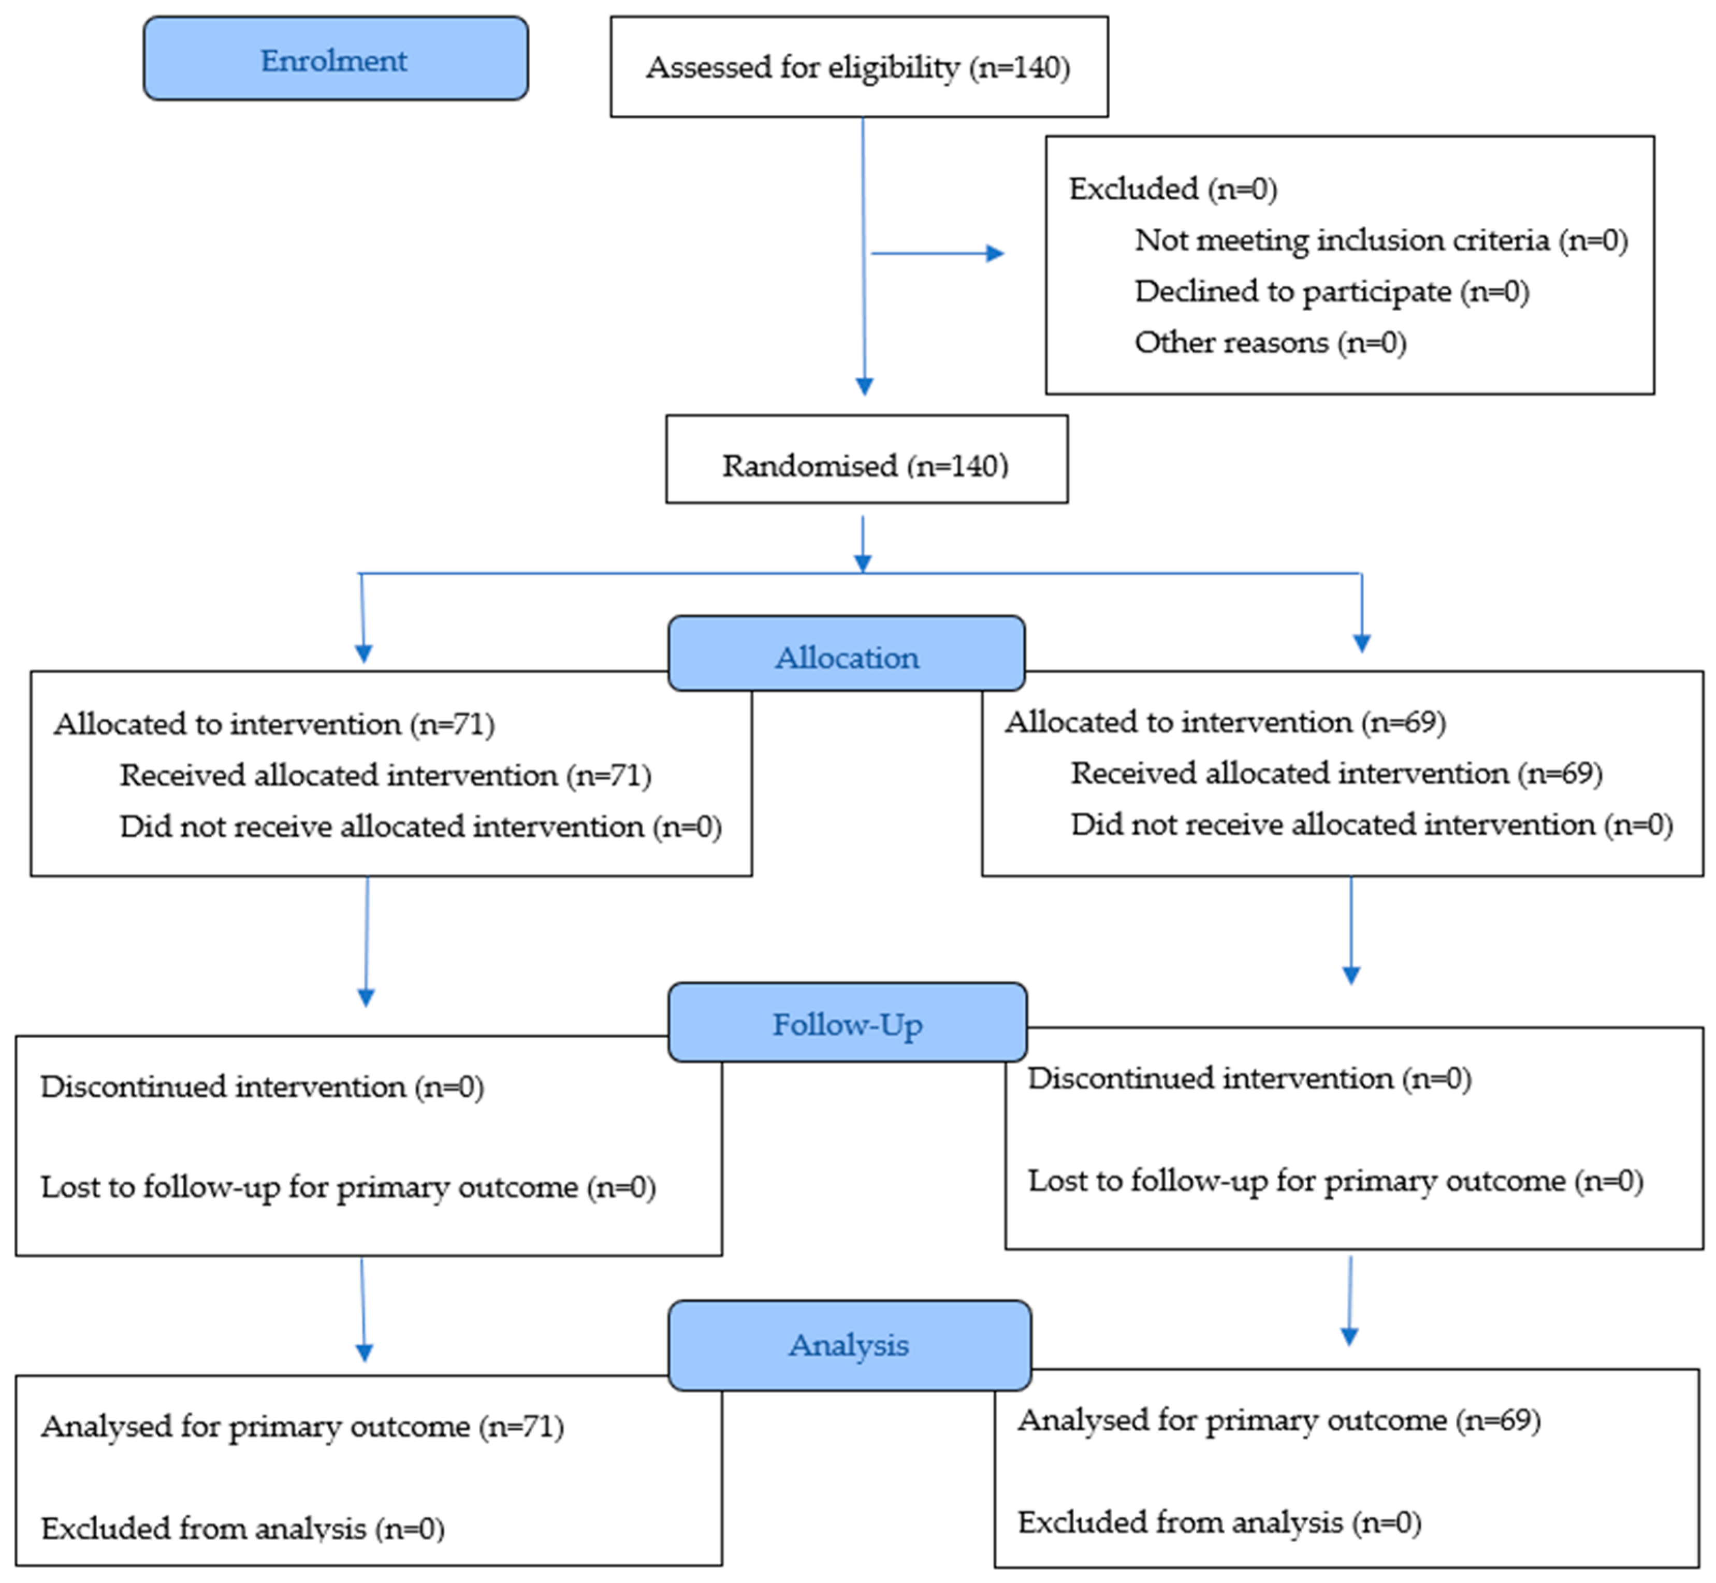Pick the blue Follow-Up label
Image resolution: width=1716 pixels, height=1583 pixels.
pyautogui.click(x=847, y=1024)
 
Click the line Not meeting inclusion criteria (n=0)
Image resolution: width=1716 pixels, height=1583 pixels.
pyautogui.click(x=1380, y=240)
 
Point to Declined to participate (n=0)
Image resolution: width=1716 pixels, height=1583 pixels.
pyautogui.click(x=1331, y=291)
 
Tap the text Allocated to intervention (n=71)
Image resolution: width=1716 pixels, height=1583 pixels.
pyautogui.click(x=274, y=724)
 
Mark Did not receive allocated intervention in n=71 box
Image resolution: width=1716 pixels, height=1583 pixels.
pyautogui.click(x=420, y=826)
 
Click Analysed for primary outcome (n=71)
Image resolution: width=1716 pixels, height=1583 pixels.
pyautogui.click(x=301, y=1426)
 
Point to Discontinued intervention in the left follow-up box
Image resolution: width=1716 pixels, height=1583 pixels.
pyautogui.click(x=261, y=1086)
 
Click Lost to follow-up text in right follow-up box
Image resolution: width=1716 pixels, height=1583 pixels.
pyautogui.click(x=1335, y=1181)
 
